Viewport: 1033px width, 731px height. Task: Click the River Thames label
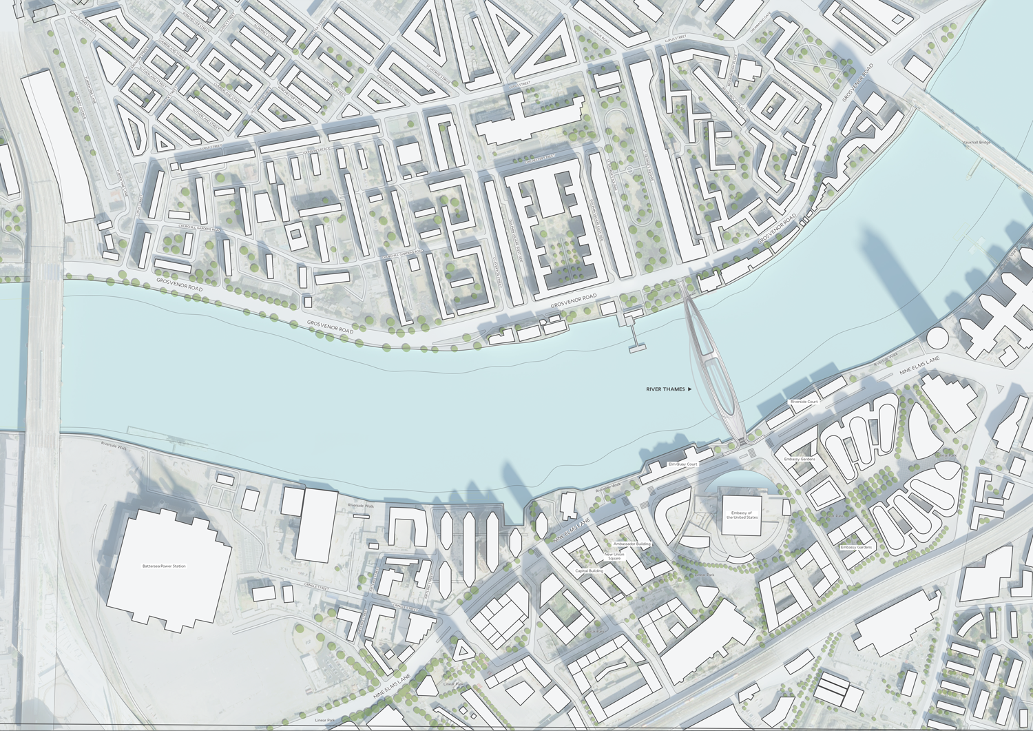click(665, 389)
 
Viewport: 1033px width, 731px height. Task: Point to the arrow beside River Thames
click(690, 389)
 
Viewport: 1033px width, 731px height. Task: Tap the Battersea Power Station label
click(164, 566)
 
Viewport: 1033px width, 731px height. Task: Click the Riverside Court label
click(804, 402)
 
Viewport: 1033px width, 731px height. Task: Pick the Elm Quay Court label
click(683, 464)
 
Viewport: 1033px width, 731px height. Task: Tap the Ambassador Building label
click(632, 544)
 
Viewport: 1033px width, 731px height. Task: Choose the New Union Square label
click(614, 556)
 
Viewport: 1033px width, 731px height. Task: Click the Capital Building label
click(589, 570)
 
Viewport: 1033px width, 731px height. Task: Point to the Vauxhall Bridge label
click(977, 143)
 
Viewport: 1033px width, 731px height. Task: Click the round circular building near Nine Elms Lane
click(937, 338)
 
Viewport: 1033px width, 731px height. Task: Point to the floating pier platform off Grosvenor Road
click(637, 348)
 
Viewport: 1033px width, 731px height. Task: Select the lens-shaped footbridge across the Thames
click(712, 365)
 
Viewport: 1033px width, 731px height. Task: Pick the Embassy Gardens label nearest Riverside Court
click(799, 459)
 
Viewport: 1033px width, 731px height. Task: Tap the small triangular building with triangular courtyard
click(463, 650)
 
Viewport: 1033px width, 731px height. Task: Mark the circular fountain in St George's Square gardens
click(629, 169)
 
